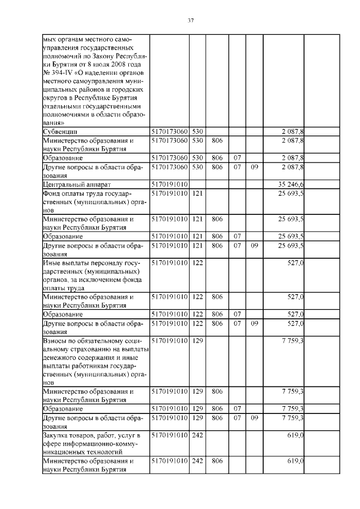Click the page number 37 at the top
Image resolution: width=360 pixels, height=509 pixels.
tap(190, 21)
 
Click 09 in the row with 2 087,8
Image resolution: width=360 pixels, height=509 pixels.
tap(254, 167)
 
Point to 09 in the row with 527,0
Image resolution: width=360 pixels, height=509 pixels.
tap(254, 323)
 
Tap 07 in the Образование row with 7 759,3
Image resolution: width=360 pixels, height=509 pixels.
tap(237, 408)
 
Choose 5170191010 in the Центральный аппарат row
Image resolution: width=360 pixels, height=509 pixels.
tap(169, 184)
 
